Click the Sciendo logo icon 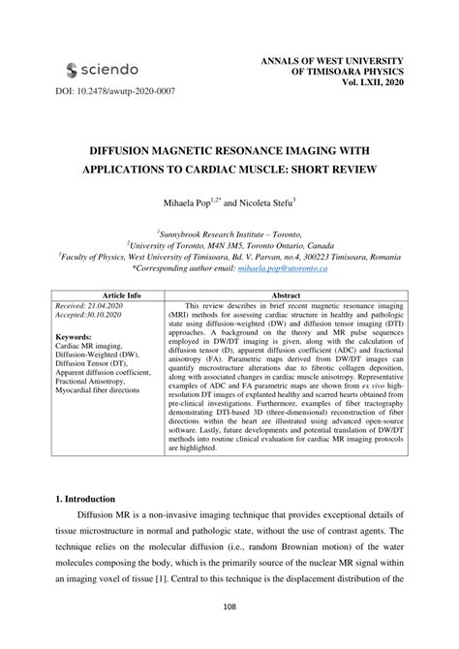[73, 70]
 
